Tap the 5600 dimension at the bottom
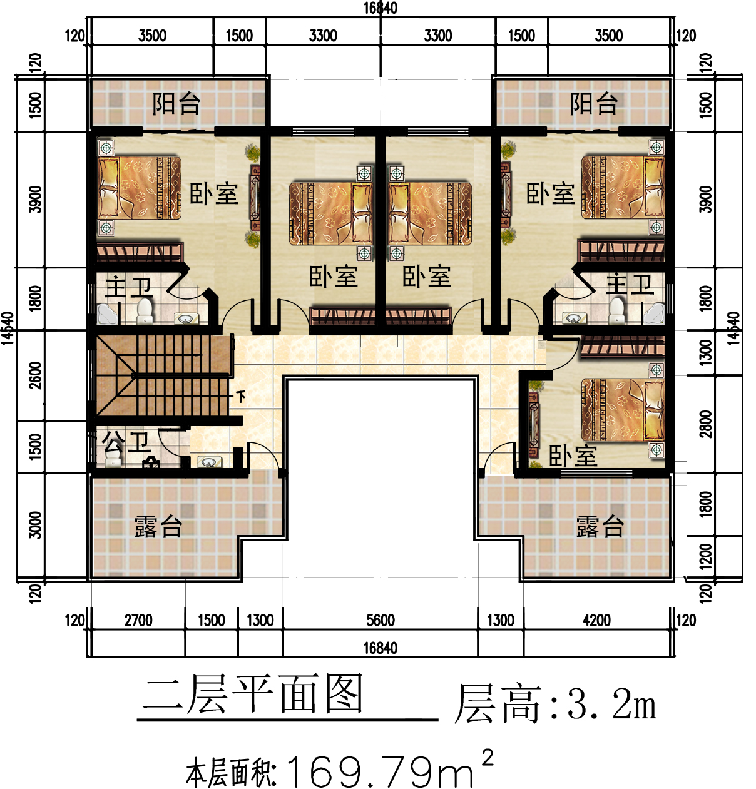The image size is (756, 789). [x=381, y=620]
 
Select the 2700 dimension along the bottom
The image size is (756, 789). [x=138, y=620]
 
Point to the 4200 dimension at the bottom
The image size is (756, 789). [x=596, y=620]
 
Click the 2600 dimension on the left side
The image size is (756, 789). [x=36, y=375]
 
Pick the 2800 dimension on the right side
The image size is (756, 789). [x=706, y=424]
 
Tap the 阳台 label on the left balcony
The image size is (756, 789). [x=176, y=104]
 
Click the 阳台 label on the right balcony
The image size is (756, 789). [x=594, y=104]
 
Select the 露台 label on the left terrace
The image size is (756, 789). [x=158, y=527]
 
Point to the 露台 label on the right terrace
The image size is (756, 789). [x=600, y=527]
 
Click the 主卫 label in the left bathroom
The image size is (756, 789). [x=129, y=287]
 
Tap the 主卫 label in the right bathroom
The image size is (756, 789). [x=630, y=285]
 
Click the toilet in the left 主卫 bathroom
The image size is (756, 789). [x=145, y=312]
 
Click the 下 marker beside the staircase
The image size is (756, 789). [x=241, y=396]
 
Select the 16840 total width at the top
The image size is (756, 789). [x=381, y=8]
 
